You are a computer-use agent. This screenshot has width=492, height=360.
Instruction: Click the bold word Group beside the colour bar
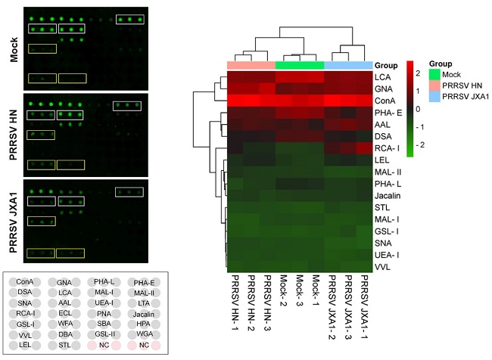click(386, 65)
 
